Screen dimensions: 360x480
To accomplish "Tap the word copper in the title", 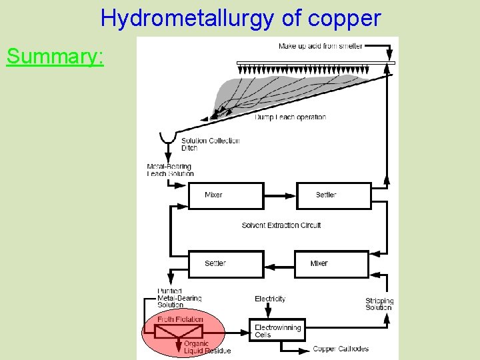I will click(345, 18).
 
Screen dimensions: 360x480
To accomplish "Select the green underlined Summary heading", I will click(55, 57).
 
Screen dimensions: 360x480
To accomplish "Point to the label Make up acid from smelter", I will click(320, 46).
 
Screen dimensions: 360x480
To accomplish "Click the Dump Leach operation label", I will click(290, 117).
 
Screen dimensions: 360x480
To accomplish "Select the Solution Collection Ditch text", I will click(210, 144).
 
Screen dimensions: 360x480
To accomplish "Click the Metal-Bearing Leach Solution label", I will click(170, 170).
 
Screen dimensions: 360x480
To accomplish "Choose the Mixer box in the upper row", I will click(225, 195).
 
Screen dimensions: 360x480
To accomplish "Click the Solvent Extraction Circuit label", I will click(281, 225).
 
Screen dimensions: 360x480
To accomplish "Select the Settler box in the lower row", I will click(225, 263).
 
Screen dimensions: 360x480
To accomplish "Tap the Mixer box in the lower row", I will click(331, 263).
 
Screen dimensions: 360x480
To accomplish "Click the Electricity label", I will click(270, 299).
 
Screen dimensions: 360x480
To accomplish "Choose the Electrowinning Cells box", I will click(278, 331).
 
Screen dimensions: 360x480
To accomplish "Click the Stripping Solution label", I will click(379, 304).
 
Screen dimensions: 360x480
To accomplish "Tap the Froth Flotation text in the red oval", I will click(180, 319).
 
